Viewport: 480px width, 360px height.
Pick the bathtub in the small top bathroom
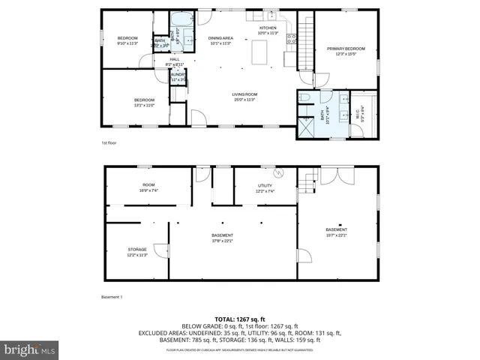pos(182,22)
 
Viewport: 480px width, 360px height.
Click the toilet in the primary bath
pos(304,97)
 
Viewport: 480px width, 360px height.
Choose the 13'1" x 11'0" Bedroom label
pos(144,102)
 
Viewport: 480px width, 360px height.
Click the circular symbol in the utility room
pos(280,173)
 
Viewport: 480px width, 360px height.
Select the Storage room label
pos(136,252)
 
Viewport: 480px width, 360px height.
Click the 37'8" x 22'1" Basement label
pos(223,238)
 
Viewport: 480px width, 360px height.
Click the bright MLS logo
pos(30,349)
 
